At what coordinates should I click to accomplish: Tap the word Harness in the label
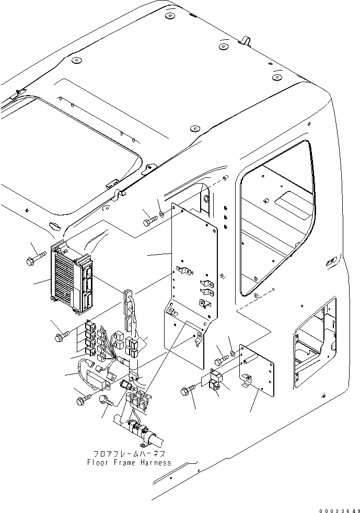point(156,463)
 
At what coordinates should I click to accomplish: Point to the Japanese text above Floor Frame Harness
point(130,454)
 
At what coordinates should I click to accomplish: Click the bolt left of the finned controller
point(36,258)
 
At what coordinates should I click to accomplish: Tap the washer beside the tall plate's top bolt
point(162,214)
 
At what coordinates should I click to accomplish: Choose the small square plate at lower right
point(257,370)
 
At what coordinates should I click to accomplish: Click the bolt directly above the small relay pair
point(222,360)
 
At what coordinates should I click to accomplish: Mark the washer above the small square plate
point(233,354)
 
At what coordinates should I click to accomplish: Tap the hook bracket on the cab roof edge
point(245,41)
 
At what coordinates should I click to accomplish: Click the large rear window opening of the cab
point(278,218)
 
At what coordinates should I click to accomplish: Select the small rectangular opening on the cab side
point(315,342)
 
